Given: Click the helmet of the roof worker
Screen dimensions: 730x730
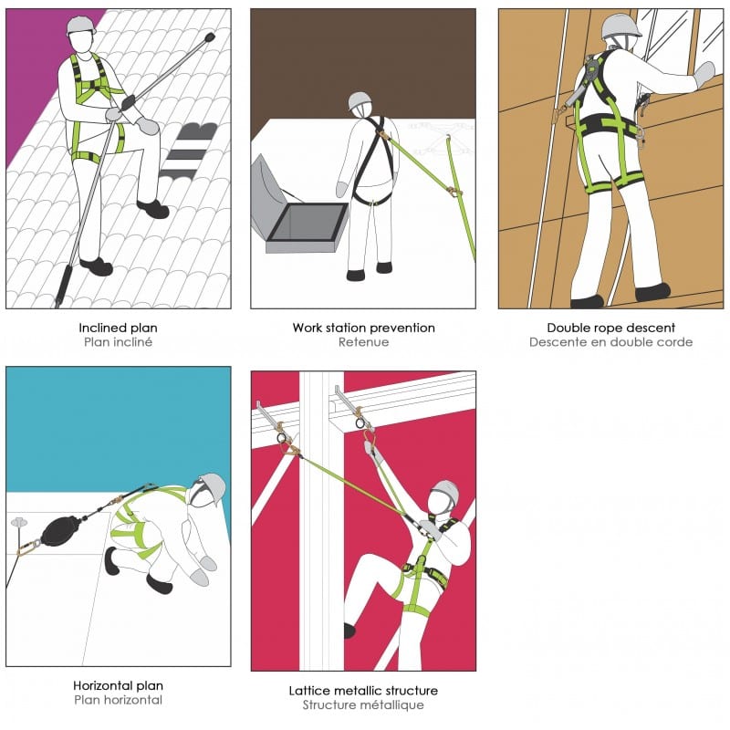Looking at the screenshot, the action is [x=80, y=26].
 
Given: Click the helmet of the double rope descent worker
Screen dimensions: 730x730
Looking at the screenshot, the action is [x=620, y=26].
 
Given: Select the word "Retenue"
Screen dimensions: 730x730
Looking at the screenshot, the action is [x=363, y=342].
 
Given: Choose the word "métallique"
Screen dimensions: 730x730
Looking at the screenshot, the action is [x=397, y=704].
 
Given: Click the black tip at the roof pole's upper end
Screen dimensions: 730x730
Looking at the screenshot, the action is [x=209, y=36].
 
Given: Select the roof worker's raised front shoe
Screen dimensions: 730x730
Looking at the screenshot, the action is [x=152, y=209].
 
